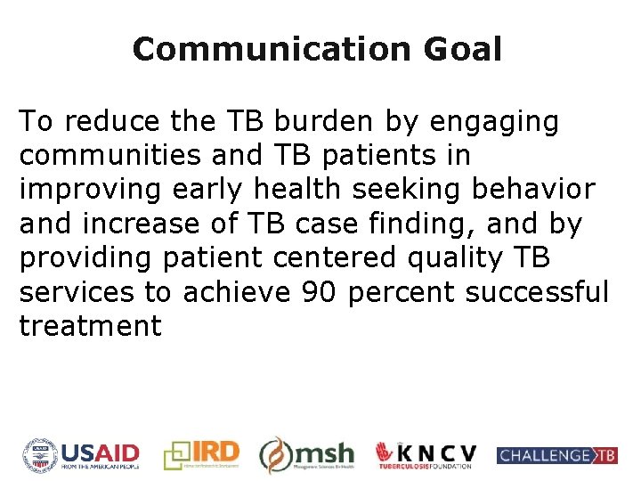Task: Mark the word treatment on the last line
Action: (x=90, y=326)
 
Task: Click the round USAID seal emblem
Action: (x=39, y=455)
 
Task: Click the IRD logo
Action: (x=202, y=455)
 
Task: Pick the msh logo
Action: (x=307, y=455)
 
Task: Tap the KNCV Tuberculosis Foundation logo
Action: (x=426, y=455)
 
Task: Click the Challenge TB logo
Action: (x=556, y=455)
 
